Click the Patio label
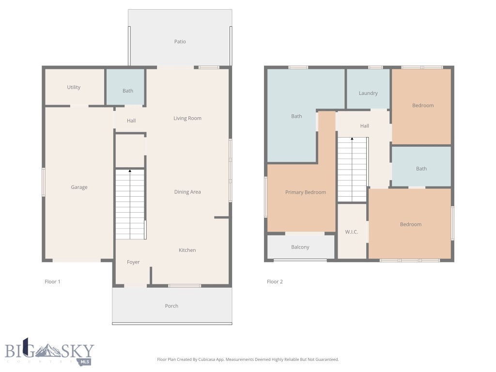coord(180,42)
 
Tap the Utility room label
coord(74,87)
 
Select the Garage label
coord(79,187)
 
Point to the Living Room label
coord(187,118)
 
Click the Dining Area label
coord(187,192)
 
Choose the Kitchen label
coord(187,250)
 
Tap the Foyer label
coord(133,262)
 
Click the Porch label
coord(171,306)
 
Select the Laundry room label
coord(368,93)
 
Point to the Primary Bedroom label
coord(305,192)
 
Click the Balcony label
coord(300,247)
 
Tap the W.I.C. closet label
coord(352,232)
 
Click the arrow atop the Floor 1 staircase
coord(130,171)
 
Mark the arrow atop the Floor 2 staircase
coord(352,139)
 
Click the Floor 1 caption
coord(52,281)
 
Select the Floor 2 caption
coord(275,281)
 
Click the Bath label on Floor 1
coord(127,91)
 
